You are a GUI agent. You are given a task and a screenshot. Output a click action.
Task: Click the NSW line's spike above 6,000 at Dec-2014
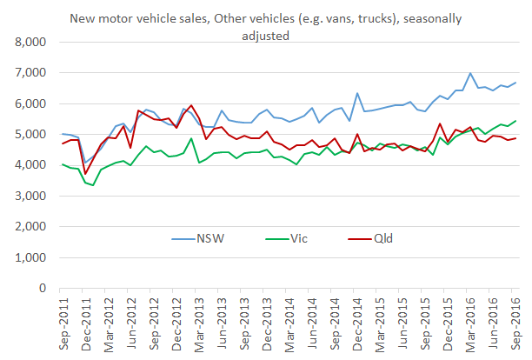click(358, 93)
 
